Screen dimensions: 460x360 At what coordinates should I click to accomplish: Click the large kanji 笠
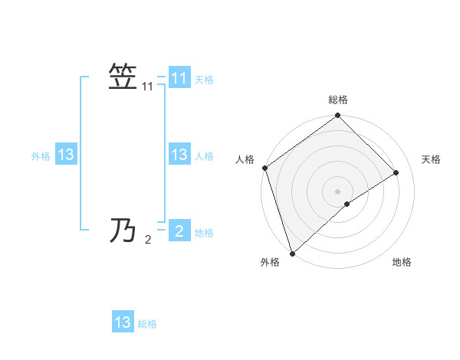point(123,78)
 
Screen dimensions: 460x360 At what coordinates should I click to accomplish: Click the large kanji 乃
point(123,230)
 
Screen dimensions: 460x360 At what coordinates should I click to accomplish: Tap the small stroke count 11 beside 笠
point(148,88)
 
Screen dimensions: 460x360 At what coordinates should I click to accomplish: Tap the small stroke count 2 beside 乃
point(148,240)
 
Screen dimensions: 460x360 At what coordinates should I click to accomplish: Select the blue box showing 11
point(179,78)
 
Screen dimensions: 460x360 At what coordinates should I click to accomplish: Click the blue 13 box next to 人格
point(179,155)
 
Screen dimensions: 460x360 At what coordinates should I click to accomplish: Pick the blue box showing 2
point(179,231)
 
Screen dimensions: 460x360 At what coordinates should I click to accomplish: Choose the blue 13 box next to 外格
point(66,155)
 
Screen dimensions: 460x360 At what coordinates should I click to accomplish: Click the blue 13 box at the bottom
point(123,322)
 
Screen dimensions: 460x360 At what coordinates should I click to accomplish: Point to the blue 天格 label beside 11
point(204,79)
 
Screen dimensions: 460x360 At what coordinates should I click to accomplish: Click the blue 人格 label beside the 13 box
point(204,155)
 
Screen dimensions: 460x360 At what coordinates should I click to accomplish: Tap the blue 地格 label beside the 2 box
point(204,232)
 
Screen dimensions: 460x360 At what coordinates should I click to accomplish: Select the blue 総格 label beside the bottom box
point(147,323)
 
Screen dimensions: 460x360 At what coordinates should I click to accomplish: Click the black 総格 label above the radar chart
point(337,100)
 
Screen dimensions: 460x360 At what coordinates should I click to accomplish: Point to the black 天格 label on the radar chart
point(431,159)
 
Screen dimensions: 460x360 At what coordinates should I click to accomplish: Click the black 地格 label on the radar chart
point(402,262)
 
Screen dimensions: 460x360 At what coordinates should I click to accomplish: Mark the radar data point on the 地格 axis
point(347,204)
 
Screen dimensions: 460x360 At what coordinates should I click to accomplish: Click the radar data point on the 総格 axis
point(337,116)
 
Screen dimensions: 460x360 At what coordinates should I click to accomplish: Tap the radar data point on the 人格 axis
point(265,168)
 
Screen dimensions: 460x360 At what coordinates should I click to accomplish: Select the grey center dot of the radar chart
point(337,191)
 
